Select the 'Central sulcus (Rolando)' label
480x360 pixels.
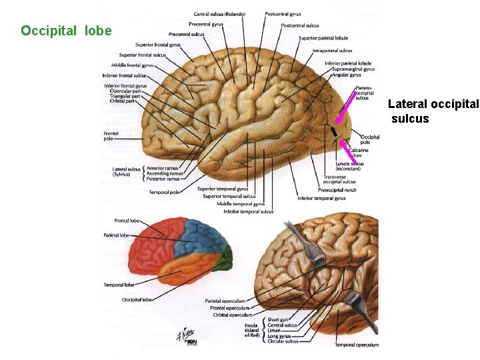(x=219, y=14)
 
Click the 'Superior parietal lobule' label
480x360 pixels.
(x=323, y=38)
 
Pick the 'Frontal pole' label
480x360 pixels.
(x=111, y=135)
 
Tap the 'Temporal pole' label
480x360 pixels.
(x=164, y=193)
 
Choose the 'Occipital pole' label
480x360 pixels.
(x=370, y=139)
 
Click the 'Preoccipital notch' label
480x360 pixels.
(x=337, y=190)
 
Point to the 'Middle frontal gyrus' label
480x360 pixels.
(x=132, y=65)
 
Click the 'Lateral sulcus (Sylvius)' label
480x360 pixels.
(x=127, y=171)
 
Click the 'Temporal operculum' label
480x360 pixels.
(x=357, y=345)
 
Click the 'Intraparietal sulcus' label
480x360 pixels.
(x=332, y=50)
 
